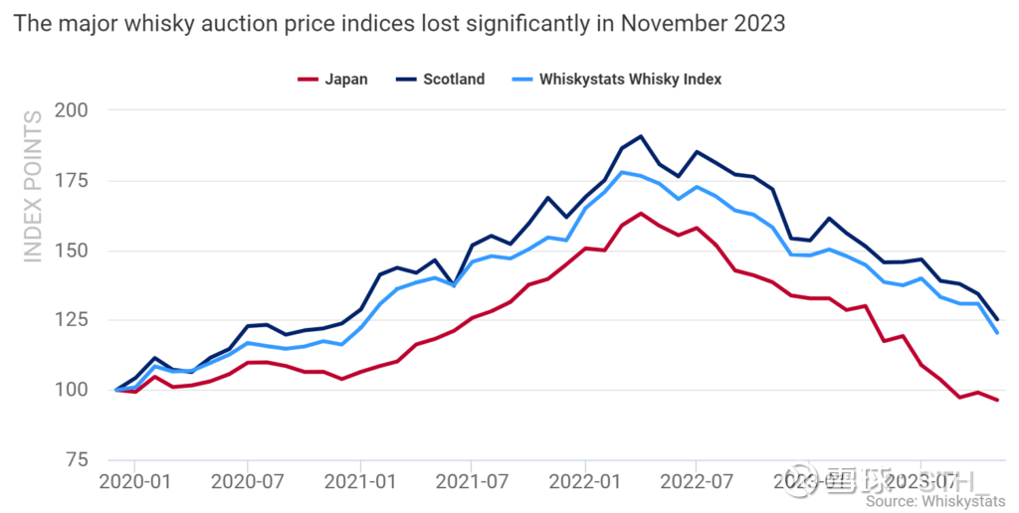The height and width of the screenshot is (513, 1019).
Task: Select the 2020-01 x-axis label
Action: (133, 483)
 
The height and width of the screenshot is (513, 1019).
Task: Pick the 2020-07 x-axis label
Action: (246, 483)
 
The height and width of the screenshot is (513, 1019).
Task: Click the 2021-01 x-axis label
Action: (359, 483)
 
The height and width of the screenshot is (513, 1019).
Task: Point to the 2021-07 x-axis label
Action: (472, 483)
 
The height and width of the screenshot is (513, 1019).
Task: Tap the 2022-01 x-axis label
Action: (585, 483)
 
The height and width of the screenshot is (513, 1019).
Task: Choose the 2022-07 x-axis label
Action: (697, 483)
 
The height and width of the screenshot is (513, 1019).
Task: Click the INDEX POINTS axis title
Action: (33, 187)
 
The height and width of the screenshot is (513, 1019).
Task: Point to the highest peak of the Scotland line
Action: (641, 136)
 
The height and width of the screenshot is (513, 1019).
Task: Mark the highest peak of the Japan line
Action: (641, 214)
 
